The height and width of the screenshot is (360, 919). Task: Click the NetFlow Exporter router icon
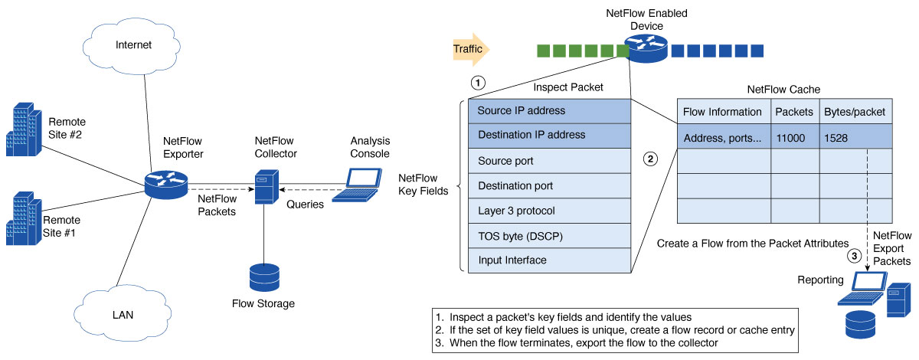166,184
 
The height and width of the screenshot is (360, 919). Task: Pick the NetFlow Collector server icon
265,186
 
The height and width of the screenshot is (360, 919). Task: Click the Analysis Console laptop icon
360,184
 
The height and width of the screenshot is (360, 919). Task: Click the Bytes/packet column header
855,112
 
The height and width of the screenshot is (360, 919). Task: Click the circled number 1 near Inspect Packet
478,81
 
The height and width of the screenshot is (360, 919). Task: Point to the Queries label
305,205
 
